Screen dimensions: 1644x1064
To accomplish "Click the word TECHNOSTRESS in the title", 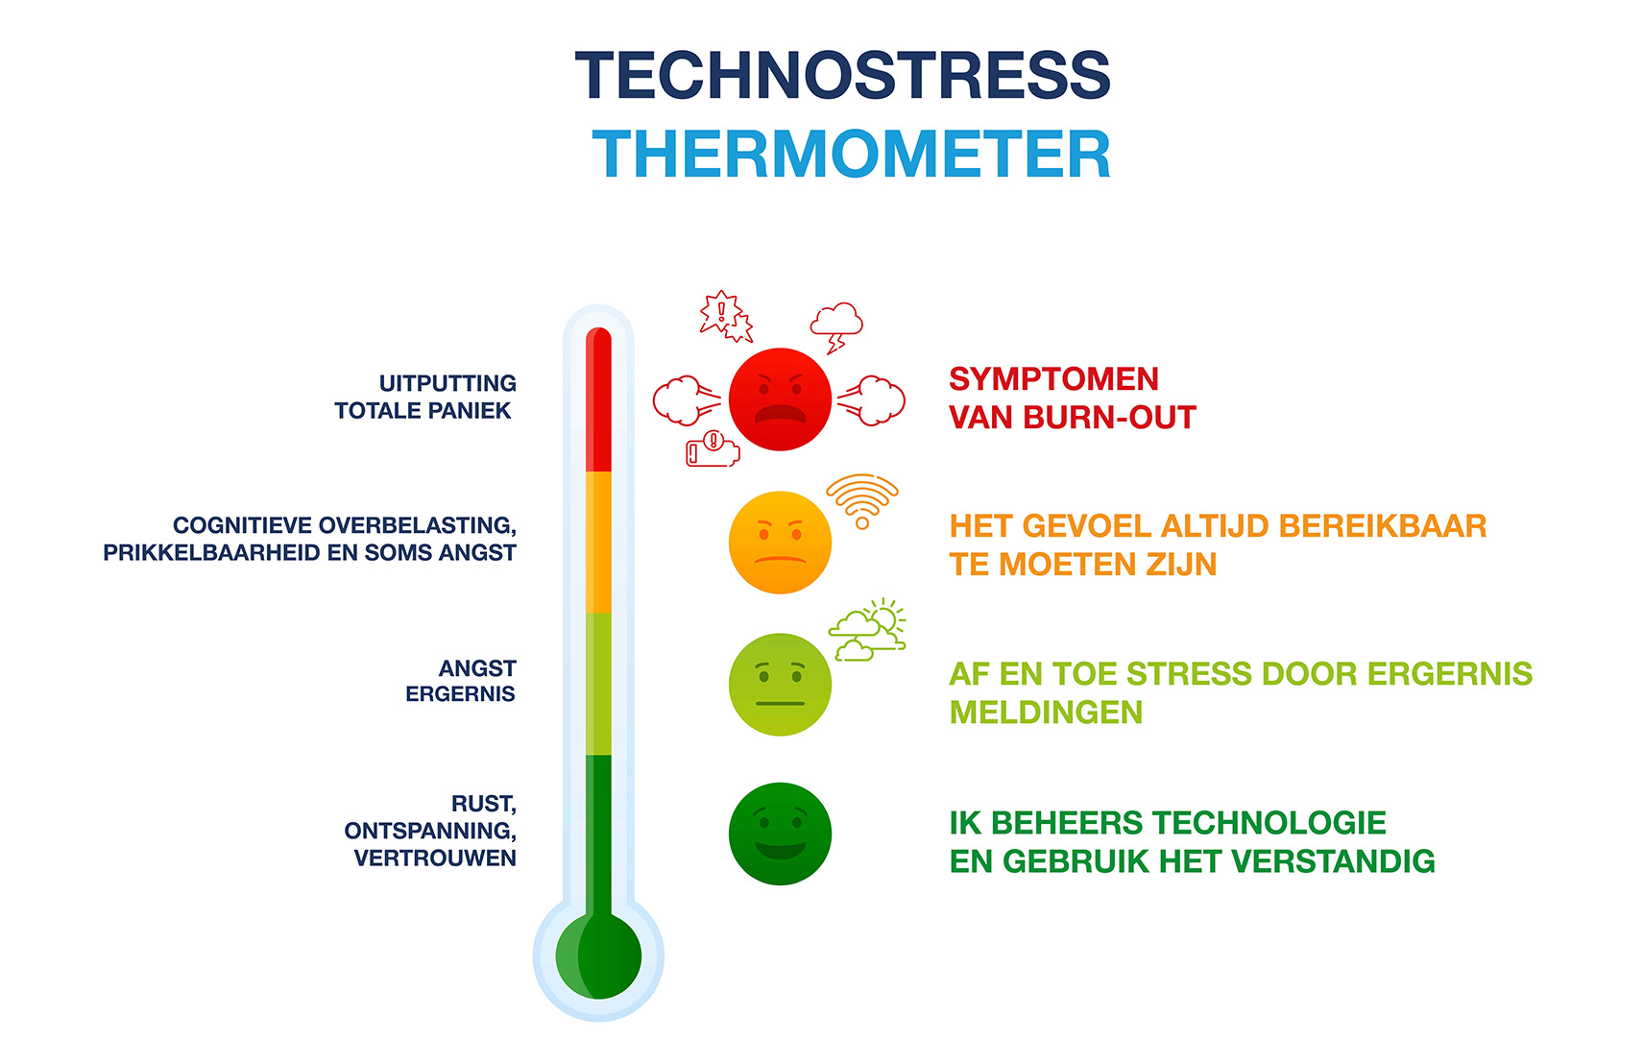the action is click(x=842, y=75).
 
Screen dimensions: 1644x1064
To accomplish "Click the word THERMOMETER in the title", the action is click(x=852, y=154).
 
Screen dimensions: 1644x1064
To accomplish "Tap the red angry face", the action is click(x=780, y=399).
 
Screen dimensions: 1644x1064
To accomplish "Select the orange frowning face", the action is click(x=780, y=543).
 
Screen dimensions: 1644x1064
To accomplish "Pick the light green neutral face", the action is click(x=780, y=685).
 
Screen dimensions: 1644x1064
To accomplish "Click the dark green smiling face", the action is click(x=780, y=834).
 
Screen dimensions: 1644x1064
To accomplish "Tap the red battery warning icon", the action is click(x=712, y=449).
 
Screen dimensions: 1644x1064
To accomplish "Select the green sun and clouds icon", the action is click(x=867, y=630).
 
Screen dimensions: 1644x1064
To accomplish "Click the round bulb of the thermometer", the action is click(x=599, y=956).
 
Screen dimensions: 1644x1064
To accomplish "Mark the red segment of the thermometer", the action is click(x=599, y=399).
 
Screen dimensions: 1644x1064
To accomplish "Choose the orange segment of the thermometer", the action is click(x=599, y=543).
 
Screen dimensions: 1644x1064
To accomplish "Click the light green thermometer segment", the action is click(x=599, y=684).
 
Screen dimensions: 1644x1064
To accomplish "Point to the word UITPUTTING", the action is click(x=447, y=383).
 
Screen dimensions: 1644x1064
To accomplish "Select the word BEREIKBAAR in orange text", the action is click(x=1383, y=526).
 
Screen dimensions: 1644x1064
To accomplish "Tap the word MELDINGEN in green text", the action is click(x=1046, y=713).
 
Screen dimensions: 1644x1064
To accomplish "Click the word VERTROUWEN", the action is click(x=435, y=858).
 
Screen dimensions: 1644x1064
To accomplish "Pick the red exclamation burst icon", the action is click(x=726, y=316).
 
